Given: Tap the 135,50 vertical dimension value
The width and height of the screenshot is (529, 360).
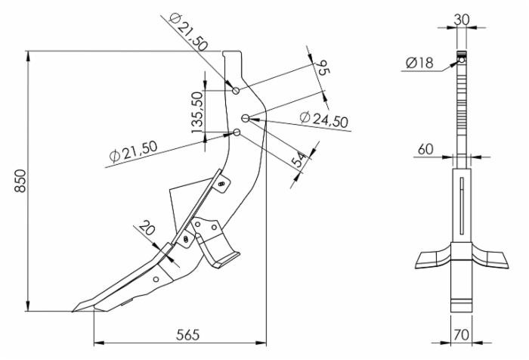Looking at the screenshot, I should point(198,112).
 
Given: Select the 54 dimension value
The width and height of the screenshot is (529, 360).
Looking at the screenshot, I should point(299,160).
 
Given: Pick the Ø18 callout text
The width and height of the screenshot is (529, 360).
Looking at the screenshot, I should point(419,64).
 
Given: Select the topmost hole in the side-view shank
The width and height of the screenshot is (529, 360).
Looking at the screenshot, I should point(237,91).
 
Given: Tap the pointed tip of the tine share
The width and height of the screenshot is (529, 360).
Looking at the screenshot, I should point(75,308).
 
